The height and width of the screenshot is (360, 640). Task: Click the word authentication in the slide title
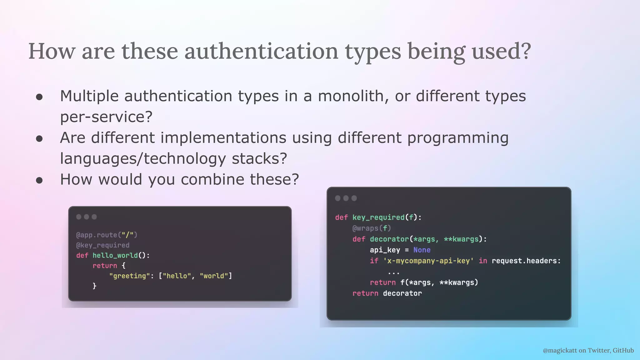pos(261,51)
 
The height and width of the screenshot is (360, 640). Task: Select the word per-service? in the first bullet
pos(106,117)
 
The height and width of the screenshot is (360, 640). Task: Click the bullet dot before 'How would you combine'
pos(39,180)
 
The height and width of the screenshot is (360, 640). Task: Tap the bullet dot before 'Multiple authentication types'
pos(39,97)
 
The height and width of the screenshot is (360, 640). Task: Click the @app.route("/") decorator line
pos(107,235)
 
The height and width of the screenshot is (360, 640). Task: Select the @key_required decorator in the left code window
pos(102,245)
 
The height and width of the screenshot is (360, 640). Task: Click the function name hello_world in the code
pos(115,256)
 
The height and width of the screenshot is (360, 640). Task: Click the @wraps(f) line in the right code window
pos(372,228)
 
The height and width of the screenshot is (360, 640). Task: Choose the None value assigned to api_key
pos(422,250)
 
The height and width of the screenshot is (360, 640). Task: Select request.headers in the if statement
pos(526,261)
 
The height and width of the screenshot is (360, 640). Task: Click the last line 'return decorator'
pos(387,293)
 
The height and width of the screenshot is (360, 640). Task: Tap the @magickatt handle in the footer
pos(560,350)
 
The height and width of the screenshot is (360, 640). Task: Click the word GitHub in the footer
pos(623,350)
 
